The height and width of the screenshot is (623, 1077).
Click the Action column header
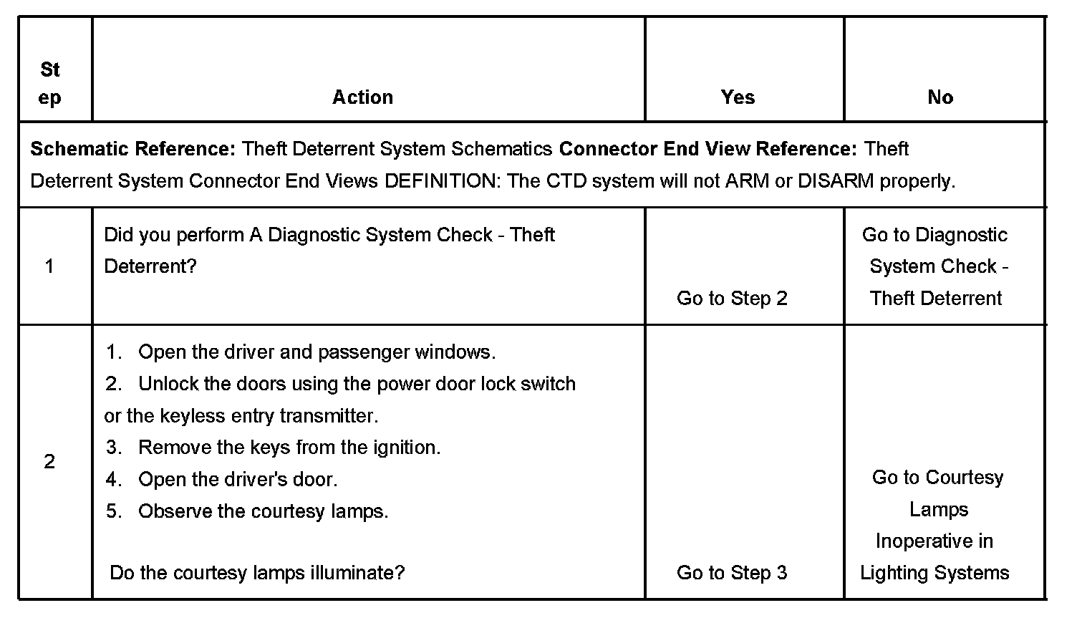click(x=362, y=97)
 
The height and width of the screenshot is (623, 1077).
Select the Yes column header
click(x=738, y=97)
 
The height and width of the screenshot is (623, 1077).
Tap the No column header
click(x=940, y=97)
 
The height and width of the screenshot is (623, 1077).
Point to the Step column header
click(x=50, y=84)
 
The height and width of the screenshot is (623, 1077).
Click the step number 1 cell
click(x=49, y=266)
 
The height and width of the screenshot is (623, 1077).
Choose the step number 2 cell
click(x=49, y=462)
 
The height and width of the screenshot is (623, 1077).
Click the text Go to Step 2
click(x=732, y=298)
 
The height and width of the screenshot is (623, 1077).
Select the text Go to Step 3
click(x=732, y=573)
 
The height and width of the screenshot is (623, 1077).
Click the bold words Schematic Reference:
click(x=133, y=149)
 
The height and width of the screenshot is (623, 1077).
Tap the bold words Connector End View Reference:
click(x=707, y=149)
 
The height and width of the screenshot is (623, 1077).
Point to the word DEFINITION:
click(x=440, y=181)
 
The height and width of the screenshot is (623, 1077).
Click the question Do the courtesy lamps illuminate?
click(x=257, y=573)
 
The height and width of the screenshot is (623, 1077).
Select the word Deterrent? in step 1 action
click(x=150, y=266)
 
